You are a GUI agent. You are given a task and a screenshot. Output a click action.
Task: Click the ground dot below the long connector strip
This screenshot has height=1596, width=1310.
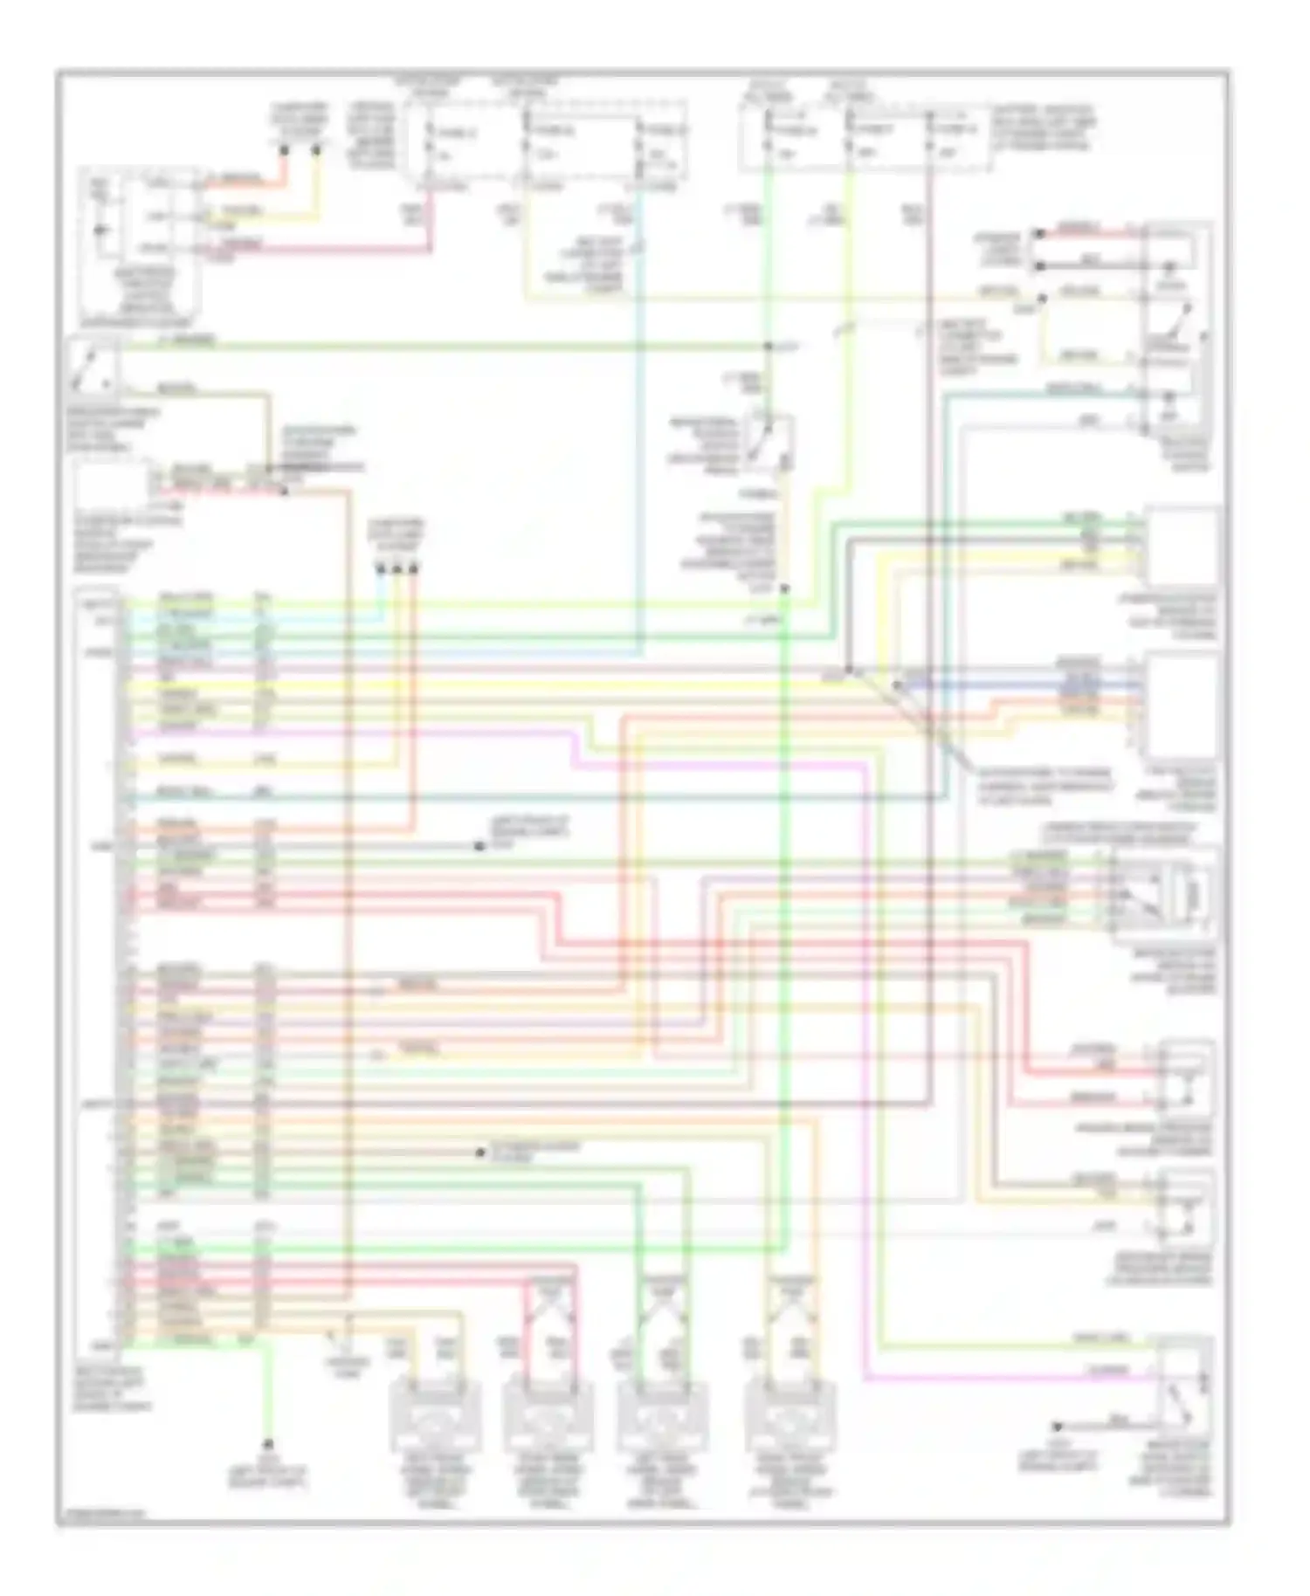pos(268,1445)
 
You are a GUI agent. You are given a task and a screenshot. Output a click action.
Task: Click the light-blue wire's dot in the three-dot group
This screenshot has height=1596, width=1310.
pos(381,569)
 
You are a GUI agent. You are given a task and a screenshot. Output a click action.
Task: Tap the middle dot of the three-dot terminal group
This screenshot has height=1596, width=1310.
pos(397,569)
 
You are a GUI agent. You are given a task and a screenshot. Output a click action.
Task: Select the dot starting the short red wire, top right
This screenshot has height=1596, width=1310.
pos(1038,234)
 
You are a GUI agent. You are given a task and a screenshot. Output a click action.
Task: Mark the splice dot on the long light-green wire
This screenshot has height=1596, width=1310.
pos(769,347)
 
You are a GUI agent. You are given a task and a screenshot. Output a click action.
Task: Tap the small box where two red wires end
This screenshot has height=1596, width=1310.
pos(1185,1082)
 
